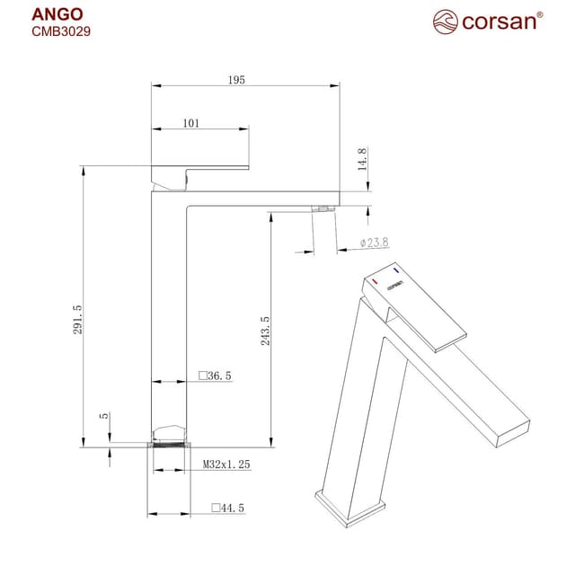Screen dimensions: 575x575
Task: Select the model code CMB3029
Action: click(x=60, y=31)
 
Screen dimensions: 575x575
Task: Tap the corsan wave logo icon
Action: click(x=446, y=21)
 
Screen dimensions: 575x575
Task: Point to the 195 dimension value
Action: click(x=235, y=80)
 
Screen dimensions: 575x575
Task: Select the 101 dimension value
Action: click(x=191, y=123)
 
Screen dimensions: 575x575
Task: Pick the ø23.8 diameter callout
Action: click(x=372, y=243)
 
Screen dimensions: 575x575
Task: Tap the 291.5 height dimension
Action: click(x=78, y=319)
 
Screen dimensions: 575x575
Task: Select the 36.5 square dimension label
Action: click(x=216, y=376)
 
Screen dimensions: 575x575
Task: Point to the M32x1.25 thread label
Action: click(x=226, y=464)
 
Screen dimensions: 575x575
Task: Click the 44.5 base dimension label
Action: click(x=227, y=508)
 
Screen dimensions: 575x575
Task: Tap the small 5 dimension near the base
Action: click(x=105, y=416)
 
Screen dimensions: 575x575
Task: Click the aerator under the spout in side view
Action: click(x=322, y=208)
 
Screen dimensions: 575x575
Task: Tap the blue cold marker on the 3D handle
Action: click(x=395, y=270)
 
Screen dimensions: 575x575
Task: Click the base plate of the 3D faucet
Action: click(x=350, y=506)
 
